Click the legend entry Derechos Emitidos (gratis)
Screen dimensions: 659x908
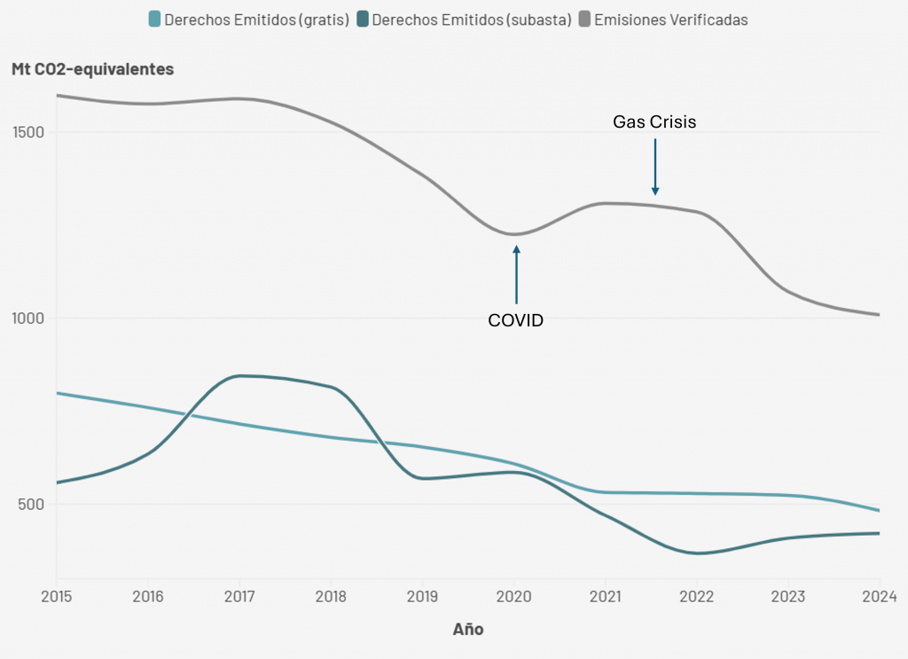pos(256,20)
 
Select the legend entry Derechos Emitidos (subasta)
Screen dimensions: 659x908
pos(471,20)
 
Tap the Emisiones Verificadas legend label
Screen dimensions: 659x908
pos(670,20)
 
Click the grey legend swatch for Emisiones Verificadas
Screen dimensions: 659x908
pos(584,20)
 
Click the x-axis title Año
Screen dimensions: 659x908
pos(468,629)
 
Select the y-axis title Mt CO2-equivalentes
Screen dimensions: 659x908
pos(92,68)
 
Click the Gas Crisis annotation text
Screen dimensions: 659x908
pos(654,122)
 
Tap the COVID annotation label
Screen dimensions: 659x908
pos(515,320)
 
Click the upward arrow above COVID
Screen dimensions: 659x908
pos(516,275)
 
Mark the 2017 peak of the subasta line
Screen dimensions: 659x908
pos(239,375)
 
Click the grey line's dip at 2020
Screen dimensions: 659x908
pos(514,234)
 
